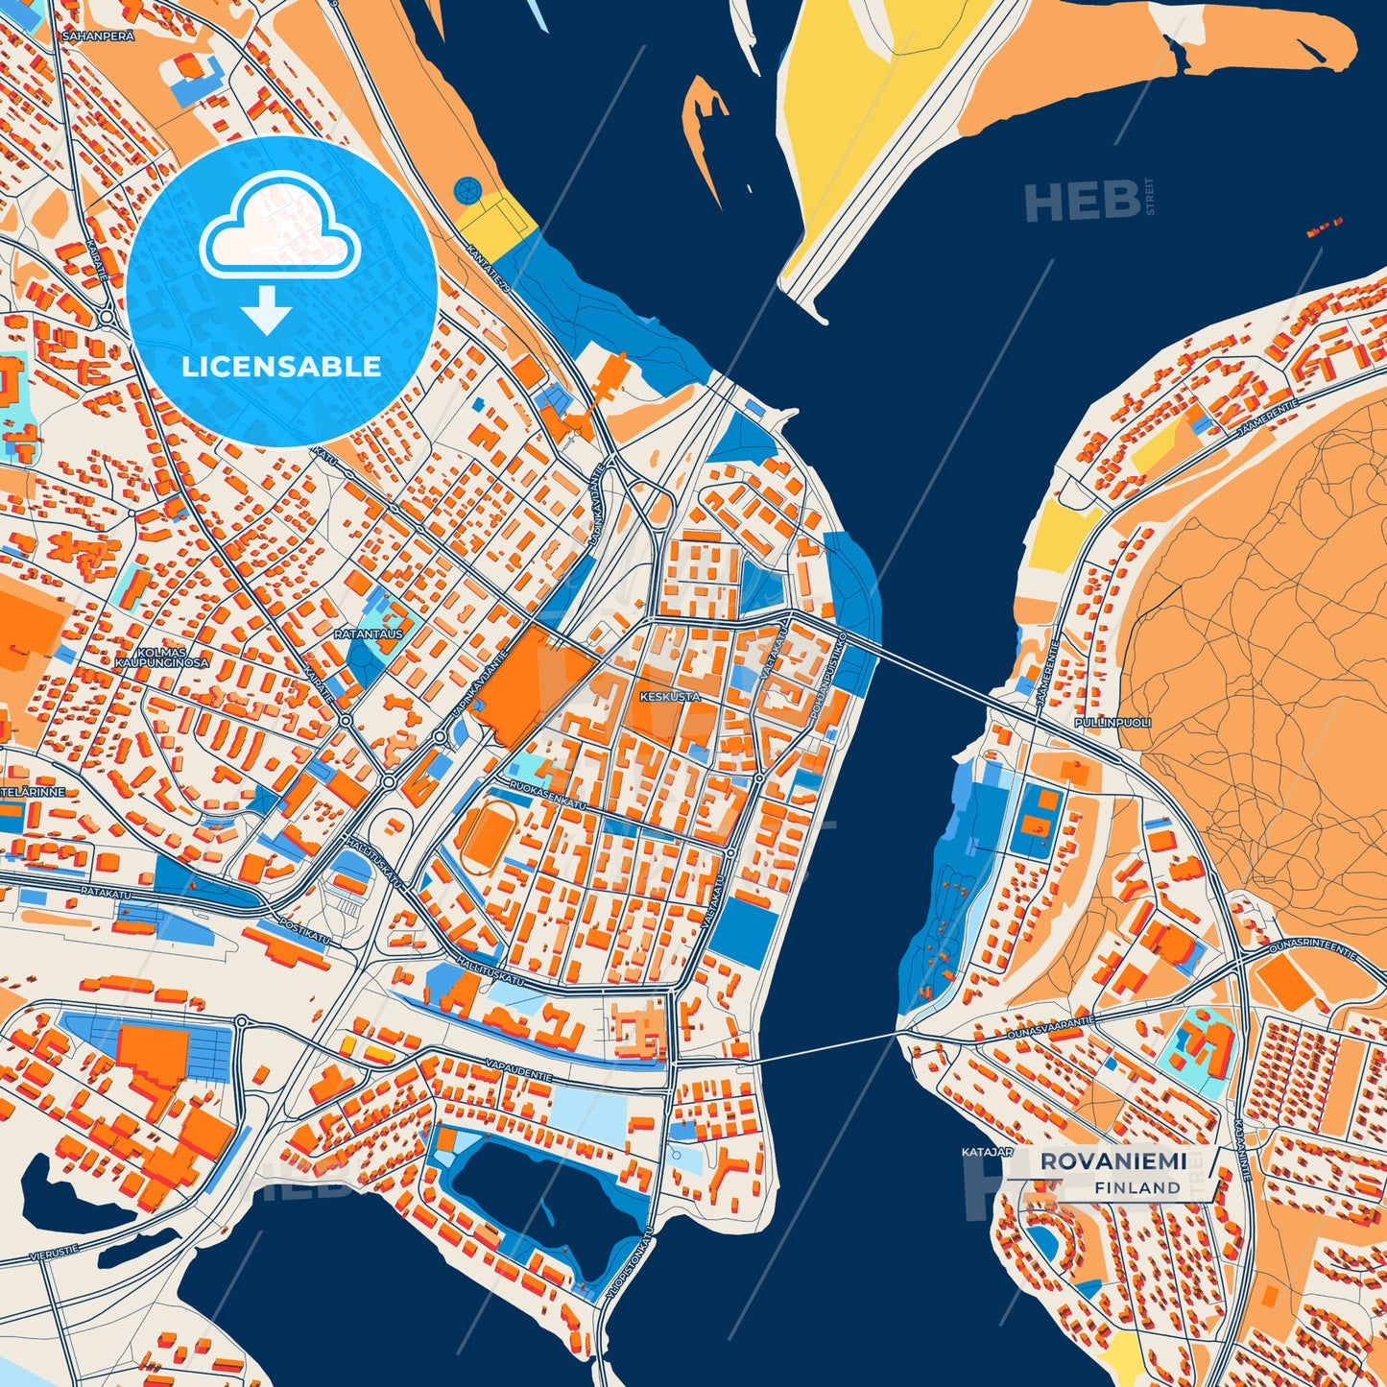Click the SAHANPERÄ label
(x=97, y=36)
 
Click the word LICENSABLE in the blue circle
(x=281, y=367)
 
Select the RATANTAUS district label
(x=368, y=634)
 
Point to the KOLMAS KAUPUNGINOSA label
(x=161, y=657)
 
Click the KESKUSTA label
(x=670, y=697)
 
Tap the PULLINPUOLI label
(x=1112, y=722)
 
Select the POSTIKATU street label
(x=303, y=931)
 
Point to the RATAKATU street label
(x=106, y=895)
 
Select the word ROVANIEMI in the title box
(x=1112, y=1161)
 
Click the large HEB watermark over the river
(x=1082, y=202)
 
